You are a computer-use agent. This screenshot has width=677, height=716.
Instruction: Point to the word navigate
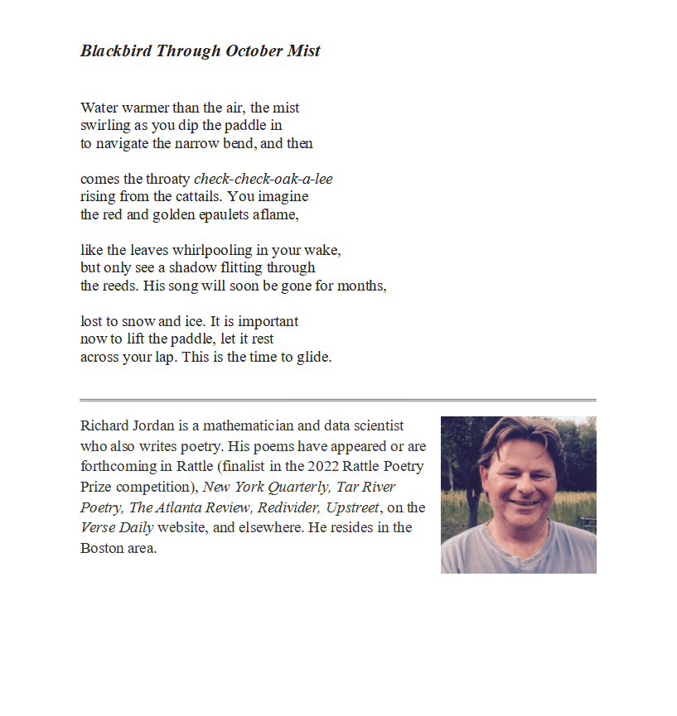click(x=123, y=143)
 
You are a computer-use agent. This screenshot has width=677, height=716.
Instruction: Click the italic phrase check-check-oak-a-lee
click(x=263, y=179)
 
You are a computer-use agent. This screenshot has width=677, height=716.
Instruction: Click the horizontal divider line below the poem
click(x=338, y=400)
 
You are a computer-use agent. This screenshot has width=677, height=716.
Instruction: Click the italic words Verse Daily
click(x=116, y=527)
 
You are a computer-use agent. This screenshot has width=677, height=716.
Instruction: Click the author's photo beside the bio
click(x=518, y=494)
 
